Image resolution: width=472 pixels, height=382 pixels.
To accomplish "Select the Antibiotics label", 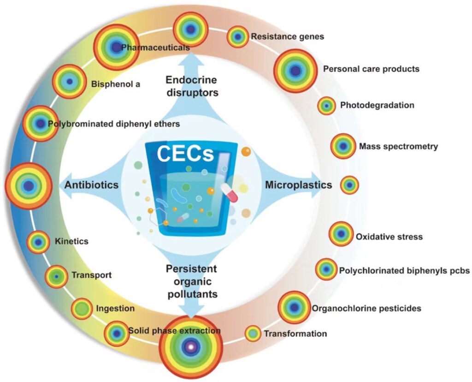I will click(x=92, y=185).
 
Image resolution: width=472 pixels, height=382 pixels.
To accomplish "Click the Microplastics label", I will click(x=298, y=185).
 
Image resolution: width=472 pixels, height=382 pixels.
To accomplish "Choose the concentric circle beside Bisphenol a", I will click(x=70, y=82).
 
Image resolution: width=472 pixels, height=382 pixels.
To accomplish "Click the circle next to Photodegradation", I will click(x=326, y=106).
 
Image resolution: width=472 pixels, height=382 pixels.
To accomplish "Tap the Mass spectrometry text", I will click(x=398, y=147).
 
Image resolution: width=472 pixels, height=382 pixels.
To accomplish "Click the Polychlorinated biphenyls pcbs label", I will click(x=404, y=270).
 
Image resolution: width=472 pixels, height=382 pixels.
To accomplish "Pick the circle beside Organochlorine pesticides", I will click(x=294, y=307).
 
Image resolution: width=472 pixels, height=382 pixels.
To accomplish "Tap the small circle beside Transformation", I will click(x=253, y=334).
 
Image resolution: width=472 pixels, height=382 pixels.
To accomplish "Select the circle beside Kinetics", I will click(x=38, y=241).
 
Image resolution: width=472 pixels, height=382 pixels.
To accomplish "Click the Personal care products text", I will click(x=371, y=69).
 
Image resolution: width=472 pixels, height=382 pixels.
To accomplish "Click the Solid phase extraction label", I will click(x=175, y=330).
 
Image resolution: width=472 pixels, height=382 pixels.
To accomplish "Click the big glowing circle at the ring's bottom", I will click(x=190, y=346).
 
